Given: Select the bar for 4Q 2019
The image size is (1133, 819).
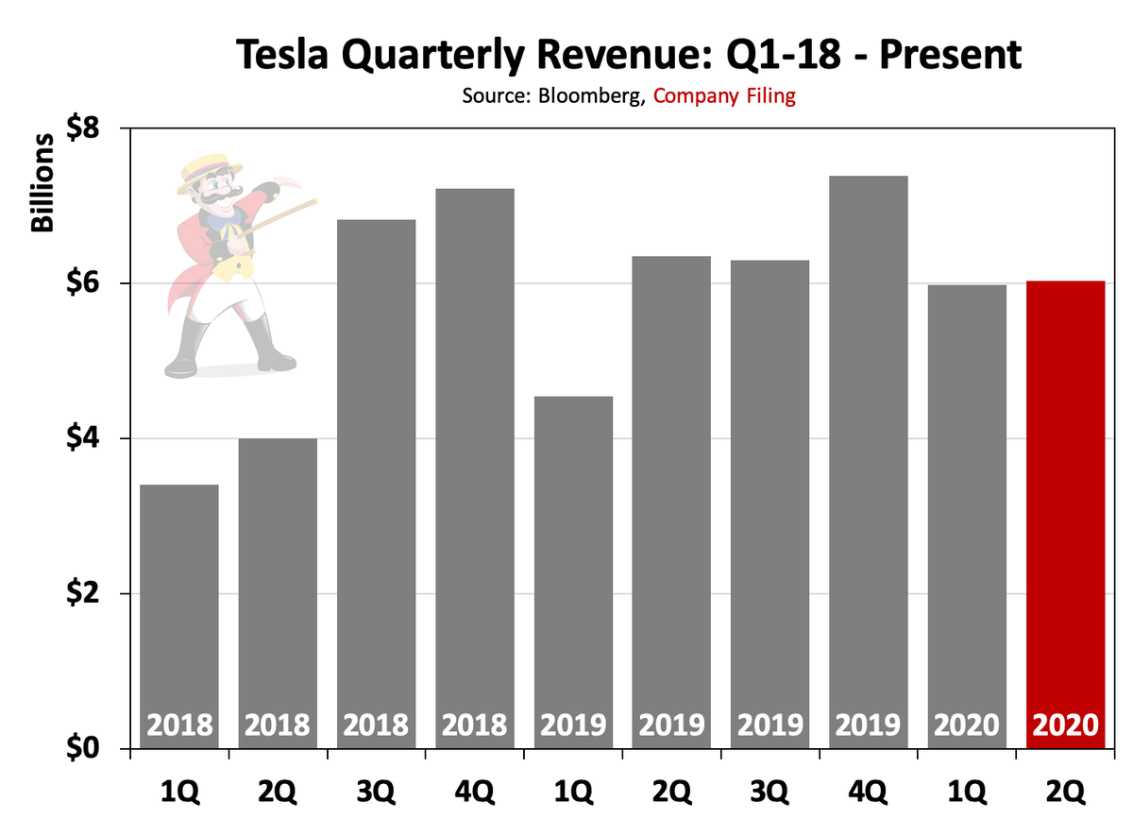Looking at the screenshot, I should (x=869, y=453).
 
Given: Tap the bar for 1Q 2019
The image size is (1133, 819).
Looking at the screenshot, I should (x=573, y=567).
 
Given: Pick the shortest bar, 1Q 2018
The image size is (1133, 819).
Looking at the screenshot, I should (x=179, y=614).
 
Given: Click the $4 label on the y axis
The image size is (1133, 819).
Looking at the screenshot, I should (x=93, y=439).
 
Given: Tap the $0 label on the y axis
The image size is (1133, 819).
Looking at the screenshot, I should (x=93, y=750).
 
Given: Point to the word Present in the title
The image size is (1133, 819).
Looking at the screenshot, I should (x=944, y=56).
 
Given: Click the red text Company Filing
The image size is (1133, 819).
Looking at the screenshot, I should (x=724, y=95).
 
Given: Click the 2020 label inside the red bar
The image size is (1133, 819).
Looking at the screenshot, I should (x=1065, y=725).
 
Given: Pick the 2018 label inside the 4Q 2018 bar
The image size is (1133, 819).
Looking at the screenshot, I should (x=475, y=725).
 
